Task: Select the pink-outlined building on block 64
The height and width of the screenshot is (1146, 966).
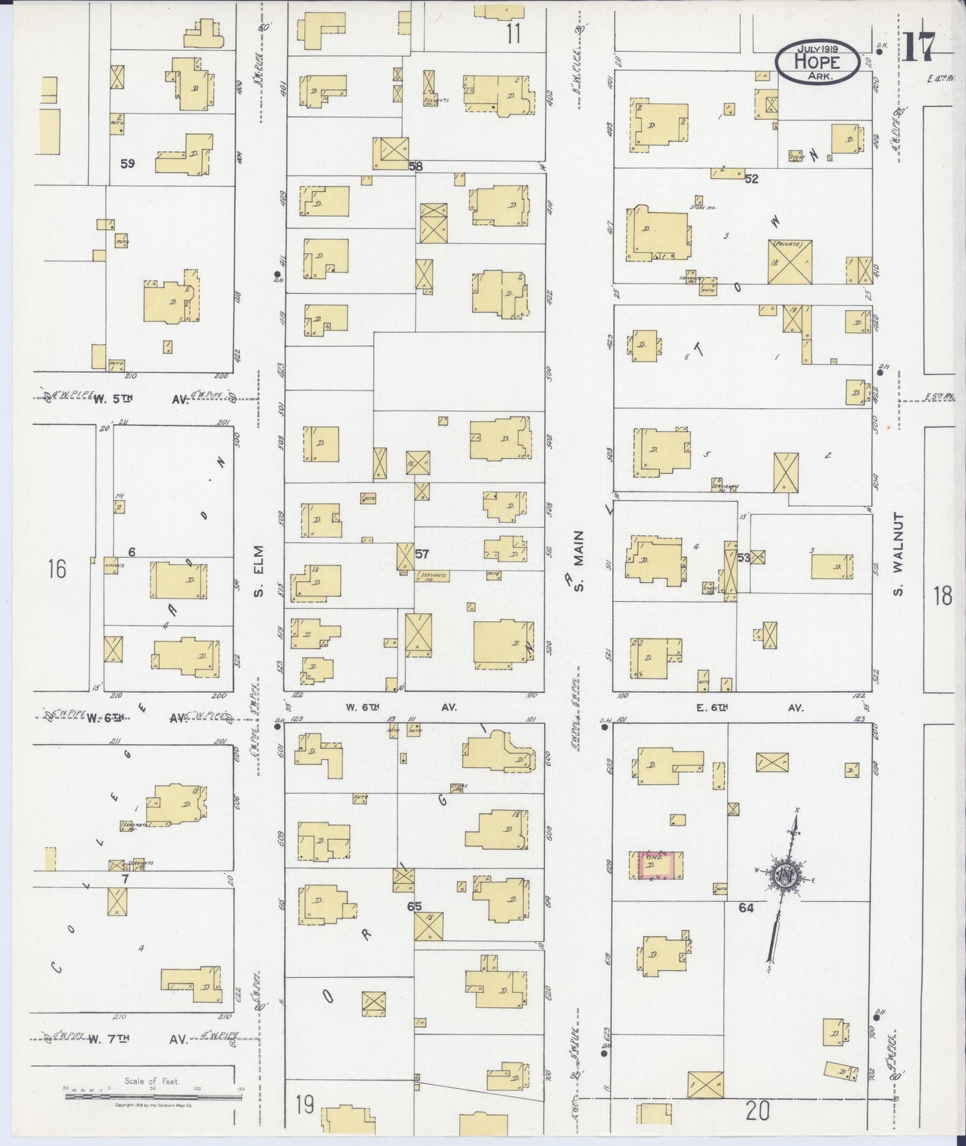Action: pyautogui.click(x=656, y=865)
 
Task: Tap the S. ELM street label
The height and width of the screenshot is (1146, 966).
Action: pyautogui.click(x=259, y=571)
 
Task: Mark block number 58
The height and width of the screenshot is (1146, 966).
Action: pyautogui.click(x=416, y=166)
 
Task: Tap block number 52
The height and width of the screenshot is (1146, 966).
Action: pyautogui.click(x=752, y=179)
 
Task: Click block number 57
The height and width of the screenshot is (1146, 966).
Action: pyautogui.click(x=421, y=554)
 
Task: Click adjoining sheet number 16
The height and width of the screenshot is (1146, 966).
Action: pyautogui.click(x=57, y=570)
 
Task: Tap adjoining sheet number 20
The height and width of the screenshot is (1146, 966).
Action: pyautogui.click(x=758, y=1111)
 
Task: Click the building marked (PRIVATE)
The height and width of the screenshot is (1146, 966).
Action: pyautogui.click(x=790, y=261)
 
